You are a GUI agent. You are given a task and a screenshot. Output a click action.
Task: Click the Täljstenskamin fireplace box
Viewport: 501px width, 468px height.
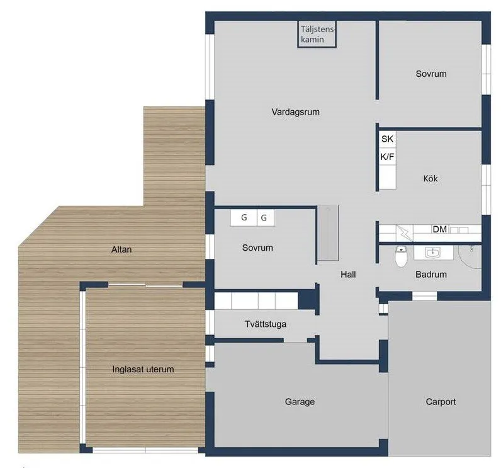point(317,34)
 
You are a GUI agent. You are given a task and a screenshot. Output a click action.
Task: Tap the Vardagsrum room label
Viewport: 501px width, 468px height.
point(296,112)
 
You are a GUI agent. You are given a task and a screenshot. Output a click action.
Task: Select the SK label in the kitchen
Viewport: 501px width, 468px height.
point(387,139)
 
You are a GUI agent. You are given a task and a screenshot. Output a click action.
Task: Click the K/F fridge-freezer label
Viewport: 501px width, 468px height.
point(387,156)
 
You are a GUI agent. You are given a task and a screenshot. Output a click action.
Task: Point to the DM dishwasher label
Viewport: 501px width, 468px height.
point(440,229)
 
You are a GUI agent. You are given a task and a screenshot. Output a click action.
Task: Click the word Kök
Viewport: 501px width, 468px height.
point(431,179)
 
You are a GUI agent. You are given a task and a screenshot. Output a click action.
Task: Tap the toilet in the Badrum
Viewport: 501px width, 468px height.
point(400,256)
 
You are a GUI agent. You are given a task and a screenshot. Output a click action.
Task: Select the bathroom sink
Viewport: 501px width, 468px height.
point(432,254)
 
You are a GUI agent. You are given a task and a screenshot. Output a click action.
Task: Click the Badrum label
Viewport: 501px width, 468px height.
point(431,275)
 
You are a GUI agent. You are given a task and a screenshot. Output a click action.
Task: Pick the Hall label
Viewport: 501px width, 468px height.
point(348,275)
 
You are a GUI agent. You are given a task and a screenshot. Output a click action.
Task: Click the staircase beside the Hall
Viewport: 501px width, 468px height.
point(327,232)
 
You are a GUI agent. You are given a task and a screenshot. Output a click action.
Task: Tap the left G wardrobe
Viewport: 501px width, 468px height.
point(244,218)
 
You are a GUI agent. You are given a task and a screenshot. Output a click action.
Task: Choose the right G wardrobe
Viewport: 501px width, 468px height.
point(264,218)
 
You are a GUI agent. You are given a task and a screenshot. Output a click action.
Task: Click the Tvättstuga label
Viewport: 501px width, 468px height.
point(266,325)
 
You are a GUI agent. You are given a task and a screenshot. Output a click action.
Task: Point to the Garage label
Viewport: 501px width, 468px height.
point(300,402)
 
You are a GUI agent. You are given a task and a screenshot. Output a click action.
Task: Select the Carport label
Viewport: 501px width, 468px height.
point(441,402)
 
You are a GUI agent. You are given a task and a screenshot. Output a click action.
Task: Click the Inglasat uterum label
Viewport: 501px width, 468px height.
point(143,369)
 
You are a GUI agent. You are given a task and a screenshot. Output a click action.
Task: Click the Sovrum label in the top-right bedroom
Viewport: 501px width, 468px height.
point(431,74)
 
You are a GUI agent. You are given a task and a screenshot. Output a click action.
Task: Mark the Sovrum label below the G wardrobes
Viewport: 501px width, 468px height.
point(257,248)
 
